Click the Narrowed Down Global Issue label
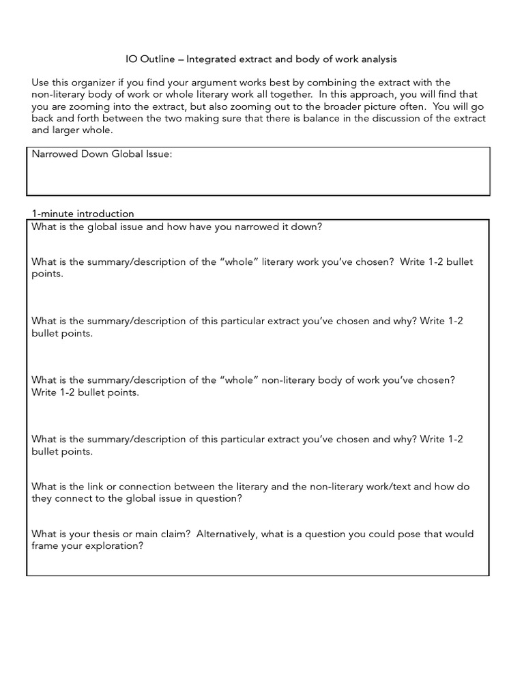[102, 154]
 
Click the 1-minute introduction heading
[83, 214]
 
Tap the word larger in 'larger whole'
[67, 130]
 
